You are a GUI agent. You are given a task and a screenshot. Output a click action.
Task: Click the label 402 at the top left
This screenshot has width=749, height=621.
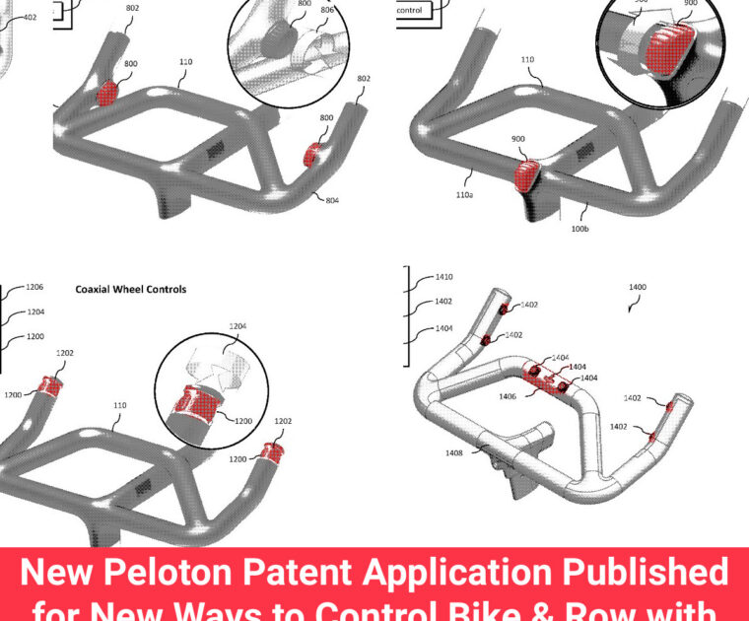pos(30,17)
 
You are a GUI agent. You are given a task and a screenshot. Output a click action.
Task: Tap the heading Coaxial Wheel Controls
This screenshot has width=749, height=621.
pos(131,290)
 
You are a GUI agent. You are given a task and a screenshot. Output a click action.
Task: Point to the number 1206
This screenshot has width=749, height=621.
pos(35,287)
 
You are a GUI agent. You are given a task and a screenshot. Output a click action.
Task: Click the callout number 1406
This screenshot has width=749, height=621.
pos(509,396)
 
